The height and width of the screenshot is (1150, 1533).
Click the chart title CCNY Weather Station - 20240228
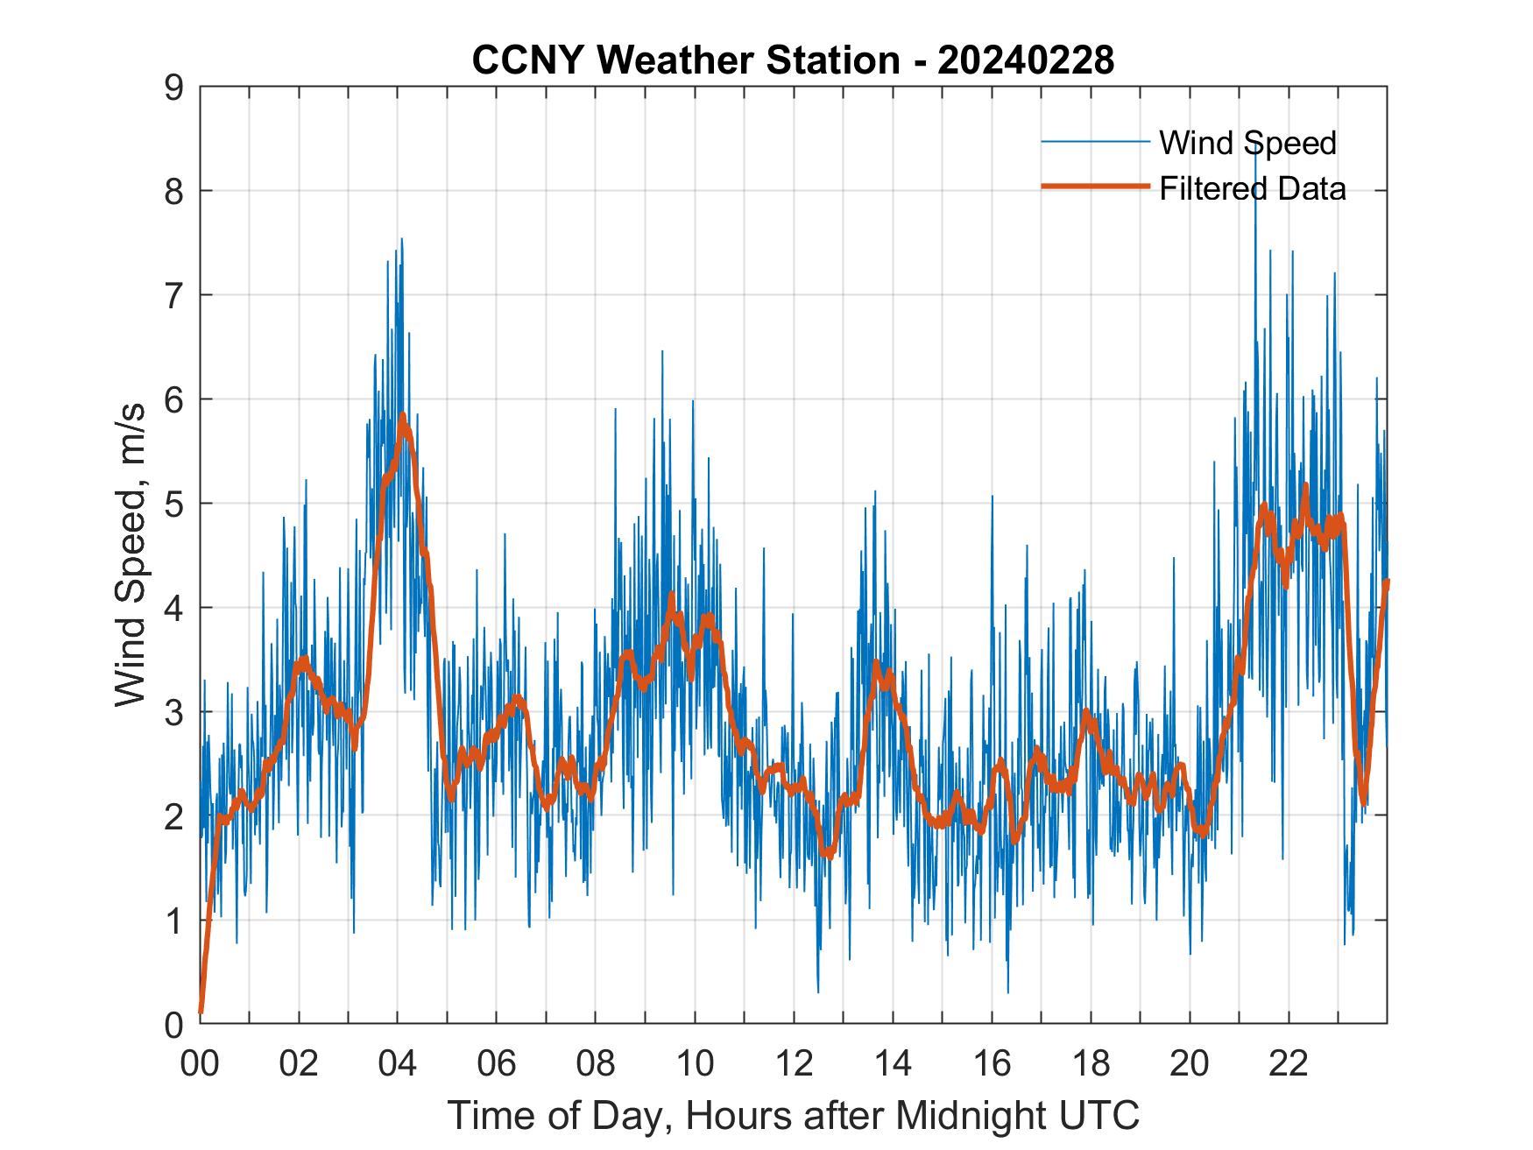pyautogui.click(x=793, y=60)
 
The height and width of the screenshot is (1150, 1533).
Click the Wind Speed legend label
pyautogui.click(x=1247, y=143)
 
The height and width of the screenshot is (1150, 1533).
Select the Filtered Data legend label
pyautogui.click(x=1252, y=188)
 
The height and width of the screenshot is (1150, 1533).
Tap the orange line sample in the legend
pyautogui.click(x=1095, y=187)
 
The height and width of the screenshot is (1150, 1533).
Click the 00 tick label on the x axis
pyautogui.click(x=200, y=1065)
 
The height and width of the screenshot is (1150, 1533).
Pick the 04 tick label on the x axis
pyautogui.click(x=398, y=1065)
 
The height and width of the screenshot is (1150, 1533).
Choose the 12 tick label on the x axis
pyautogui.click(x=794, y=1065)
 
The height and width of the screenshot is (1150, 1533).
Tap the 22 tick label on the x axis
pyautogui.click(x=1289, y=1065)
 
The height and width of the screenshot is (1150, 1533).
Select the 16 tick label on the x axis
pyautogui.click(x=992, y=1065)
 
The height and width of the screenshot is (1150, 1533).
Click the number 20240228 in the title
pyautogui.click(x=1025, y=60)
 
